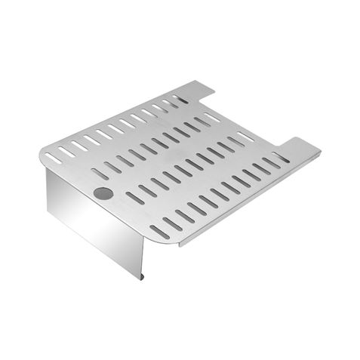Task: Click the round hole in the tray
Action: [x=103, y=194]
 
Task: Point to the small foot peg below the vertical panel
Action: [x=143, y=277]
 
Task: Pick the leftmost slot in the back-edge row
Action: [x=53, y=157]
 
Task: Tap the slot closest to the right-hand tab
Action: [x=280, y=158]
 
